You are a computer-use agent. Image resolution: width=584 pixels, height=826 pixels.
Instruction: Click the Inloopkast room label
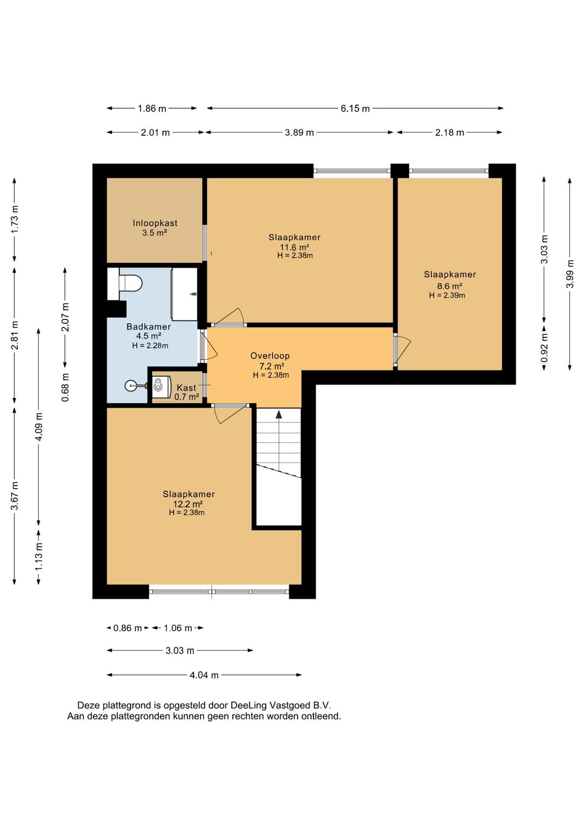click(155, 223)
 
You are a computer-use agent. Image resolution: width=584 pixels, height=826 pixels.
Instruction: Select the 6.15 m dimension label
click(355, 108)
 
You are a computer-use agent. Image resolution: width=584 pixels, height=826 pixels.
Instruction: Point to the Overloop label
click(270, 356)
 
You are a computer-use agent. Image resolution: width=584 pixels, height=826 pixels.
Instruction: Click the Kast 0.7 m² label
click(187, 392)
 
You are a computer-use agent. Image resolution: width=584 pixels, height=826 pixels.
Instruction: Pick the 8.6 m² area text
click(449, 286)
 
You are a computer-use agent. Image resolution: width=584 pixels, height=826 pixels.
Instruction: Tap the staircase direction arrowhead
click(279, 414)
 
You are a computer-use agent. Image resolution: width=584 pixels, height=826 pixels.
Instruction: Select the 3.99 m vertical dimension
click(570, 273)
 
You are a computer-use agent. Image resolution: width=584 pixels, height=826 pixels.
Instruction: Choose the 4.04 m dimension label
click(204, 675)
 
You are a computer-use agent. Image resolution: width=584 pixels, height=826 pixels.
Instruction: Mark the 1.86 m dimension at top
click(152, 108)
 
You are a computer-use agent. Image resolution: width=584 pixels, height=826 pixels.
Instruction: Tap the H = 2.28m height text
click(150, 345)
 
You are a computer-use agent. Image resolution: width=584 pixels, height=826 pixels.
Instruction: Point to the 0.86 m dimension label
click(128, 628)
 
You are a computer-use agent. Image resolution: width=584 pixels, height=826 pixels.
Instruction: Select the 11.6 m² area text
click(294, 247)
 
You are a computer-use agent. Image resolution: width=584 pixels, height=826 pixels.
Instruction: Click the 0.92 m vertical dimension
click(545, 349)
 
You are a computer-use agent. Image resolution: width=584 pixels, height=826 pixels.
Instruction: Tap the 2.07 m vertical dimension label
click(65, 317)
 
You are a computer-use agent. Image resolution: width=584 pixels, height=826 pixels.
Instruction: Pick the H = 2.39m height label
click(447, 296)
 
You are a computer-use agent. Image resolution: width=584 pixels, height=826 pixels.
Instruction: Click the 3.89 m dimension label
click(299, 133)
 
